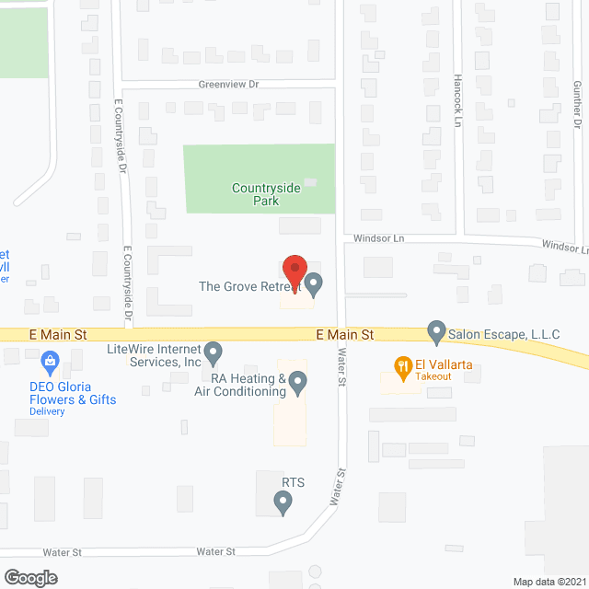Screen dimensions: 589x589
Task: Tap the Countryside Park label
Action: tap(266, 194)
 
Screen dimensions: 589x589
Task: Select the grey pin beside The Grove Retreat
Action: tap(315, 285)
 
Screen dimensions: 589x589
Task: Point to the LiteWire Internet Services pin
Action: tap(214, 352)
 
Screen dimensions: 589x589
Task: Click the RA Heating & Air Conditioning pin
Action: tap(297, 380)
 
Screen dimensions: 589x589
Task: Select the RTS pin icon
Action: tap(283, 502)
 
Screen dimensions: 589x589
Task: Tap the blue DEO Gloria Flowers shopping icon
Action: tap(52, 360)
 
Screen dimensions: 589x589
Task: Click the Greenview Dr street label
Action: tap(229, 84)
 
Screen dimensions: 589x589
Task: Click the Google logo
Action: tap(29, 578)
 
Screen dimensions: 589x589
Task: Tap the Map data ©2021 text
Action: tap(549, 581)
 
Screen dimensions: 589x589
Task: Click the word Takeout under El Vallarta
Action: tap(432, 377)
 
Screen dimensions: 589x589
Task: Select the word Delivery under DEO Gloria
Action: tap(46, 411)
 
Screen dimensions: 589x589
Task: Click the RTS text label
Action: tap(293, 482)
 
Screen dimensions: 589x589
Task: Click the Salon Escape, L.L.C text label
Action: tap(504, 333)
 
